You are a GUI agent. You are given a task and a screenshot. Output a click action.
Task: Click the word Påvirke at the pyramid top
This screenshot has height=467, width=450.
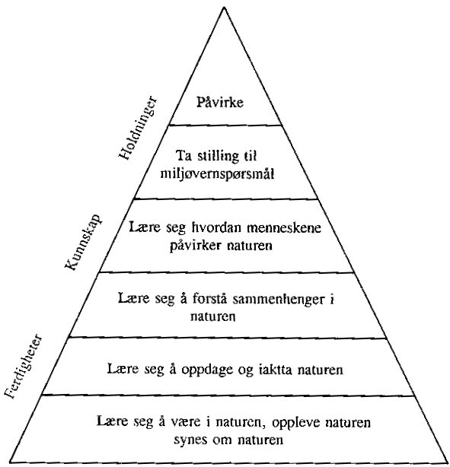pyautogui.click(x=220, y=103)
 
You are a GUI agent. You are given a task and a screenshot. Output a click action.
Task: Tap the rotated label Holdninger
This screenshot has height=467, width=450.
pyautogui.click(x=138, y=128)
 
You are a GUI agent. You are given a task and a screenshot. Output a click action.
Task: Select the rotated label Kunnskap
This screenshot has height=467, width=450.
pyautogui.click(x=83, y=242)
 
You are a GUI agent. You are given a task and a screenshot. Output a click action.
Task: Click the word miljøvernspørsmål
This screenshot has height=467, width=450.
pyautogui.click(x=217, y=174)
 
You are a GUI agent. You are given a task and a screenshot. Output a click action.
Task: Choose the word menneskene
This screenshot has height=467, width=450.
pyautogui.click(x=284, y=228)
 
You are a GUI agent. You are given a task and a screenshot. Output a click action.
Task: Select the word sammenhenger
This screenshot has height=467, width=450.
pyautogui.click(x=278, y=300)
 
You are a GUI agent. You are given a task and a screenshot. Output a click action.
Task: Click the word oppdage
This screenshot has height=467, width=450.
pyautogui.click(x=207, y=370)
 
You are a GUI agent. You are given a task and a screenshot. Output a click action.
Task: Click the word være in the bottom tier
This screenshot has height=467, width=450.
pyautogui.click(x=186, y=422)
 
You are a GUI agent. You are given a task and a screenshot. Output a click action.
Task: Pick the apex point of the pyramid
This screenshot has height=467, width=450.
pyautogui.click(x=224, y=7)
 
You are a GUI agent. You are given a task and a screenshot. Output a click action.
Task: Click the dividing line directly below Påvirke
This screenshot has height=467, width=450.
pyautogui.click(x=225, y=125)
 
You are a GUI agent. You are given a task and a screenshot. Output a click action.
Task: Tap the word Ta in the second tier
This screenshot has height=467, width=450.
pyautogui.click(x=183, y=156)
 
